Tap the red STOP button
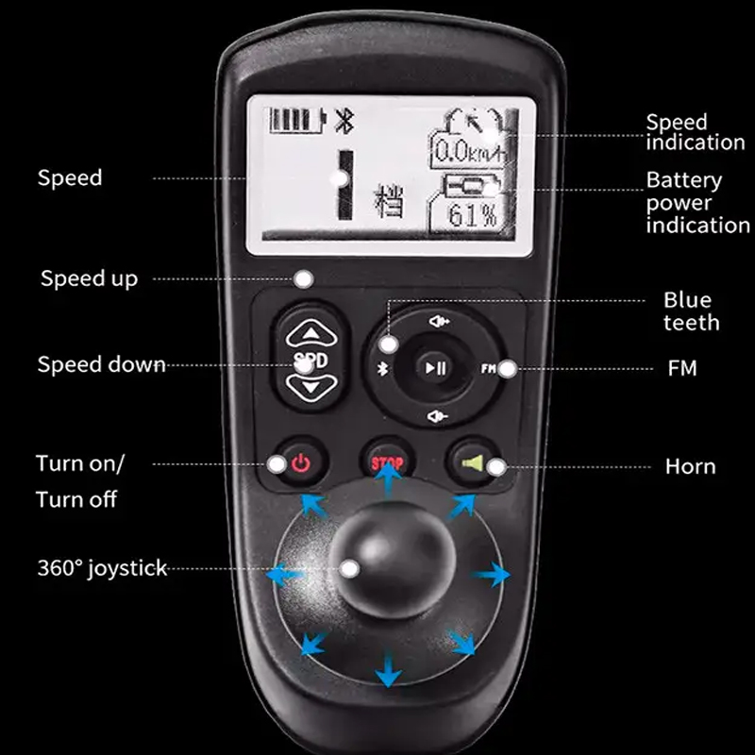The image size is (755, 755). [387, 462]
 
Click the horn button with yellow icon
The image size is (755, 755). [473, 462]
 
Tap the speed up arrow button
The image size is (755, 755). [311, 333]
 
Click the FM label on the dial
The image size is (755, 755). [488, 369]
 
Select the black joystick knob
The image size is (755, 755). [392, 560]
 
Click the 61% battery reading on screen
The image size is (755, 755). [472, 215]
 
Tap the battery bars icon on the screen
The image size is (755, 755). [297, 120]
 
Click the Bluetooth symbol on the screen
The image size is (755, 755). [344, 121]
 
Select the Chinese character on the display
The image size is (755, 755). [389, 201]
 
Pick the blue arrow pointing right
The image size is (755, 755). [491, 574]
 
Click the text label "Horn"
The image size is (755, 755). [691, 466]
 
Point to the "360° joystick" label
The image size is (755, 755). [102, 568]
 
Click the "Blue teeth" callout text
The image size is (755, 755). [691, 311]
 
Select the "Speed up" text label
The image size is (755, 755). [89, 278]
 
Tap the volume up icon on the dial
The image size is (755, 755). [439, 321]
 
